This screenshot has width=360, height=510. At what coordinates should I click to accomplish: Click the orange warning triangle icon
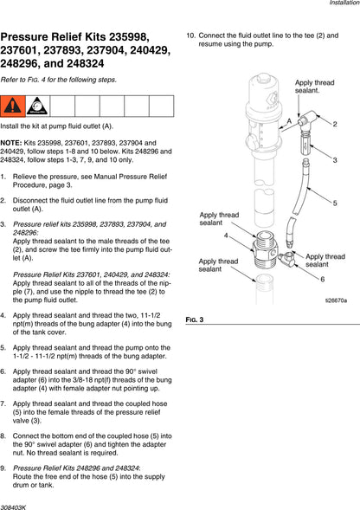pyautogui.click(x=13, y=106)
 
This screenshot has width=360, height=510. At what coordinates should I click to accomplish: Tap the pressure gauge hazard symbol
pyautogui.click(x=37, y=106)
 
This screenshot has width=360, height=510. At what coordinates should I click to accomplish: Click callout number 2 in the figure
pyautogui.click(x=335, y=124)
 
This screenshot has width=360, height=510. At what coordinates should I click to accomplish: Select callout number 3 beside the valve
pyautogui.click(x=335, y=160)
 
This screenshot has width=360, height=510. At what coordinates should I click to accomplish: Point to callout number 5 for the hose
pyautogui.click(x=335, y=203)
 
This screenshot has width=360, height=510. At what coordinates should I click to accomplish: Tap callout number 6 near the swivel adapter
pyautogui.click(x=322, y=279)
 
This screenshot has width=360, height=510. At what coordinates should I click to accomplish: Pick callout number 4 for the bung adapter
pyautogui.click(x=226, y=236)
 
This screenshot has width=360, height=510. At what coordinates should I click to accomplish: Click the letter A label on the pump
pyautogui.click(x=289, y=121)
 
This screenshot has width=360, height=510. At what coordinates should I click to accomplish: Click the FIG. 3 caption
pyautogui.click(x=195, y=320)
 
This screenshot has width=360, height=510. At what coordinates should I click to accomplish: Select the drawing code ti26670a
pyautogui.click(x=336, y=300)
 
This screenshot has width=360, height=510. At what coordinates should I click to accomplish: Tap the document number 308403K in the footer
pyautogui.click(x=13, y=507)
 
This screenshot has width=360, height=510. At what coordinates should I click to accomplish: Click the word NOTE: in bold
pyautogui.click(x=11, y=143)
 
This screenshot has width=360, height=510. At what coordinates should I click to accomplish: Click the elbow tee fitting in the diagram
pyautogui.click(x=307, y=119)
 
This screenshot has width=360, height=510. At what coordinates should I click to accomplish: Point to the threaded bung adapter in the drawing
pyautogui.click(x=265, y=249)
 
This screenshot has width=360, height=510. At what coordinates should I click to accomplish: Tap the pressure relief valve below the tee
pyautogui.click(x=305, y=144)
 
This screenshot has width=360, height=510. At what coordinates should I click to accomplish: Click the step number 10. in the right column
pyautogui.click(x=190, y=36)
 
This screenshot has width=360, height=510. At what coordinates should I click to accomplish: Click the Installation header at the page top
pyautogui.click(x=344, y=3)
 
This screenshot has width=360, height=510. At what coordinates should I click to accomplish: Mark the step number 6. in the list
pyautogui.click(x=3, y=371)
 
